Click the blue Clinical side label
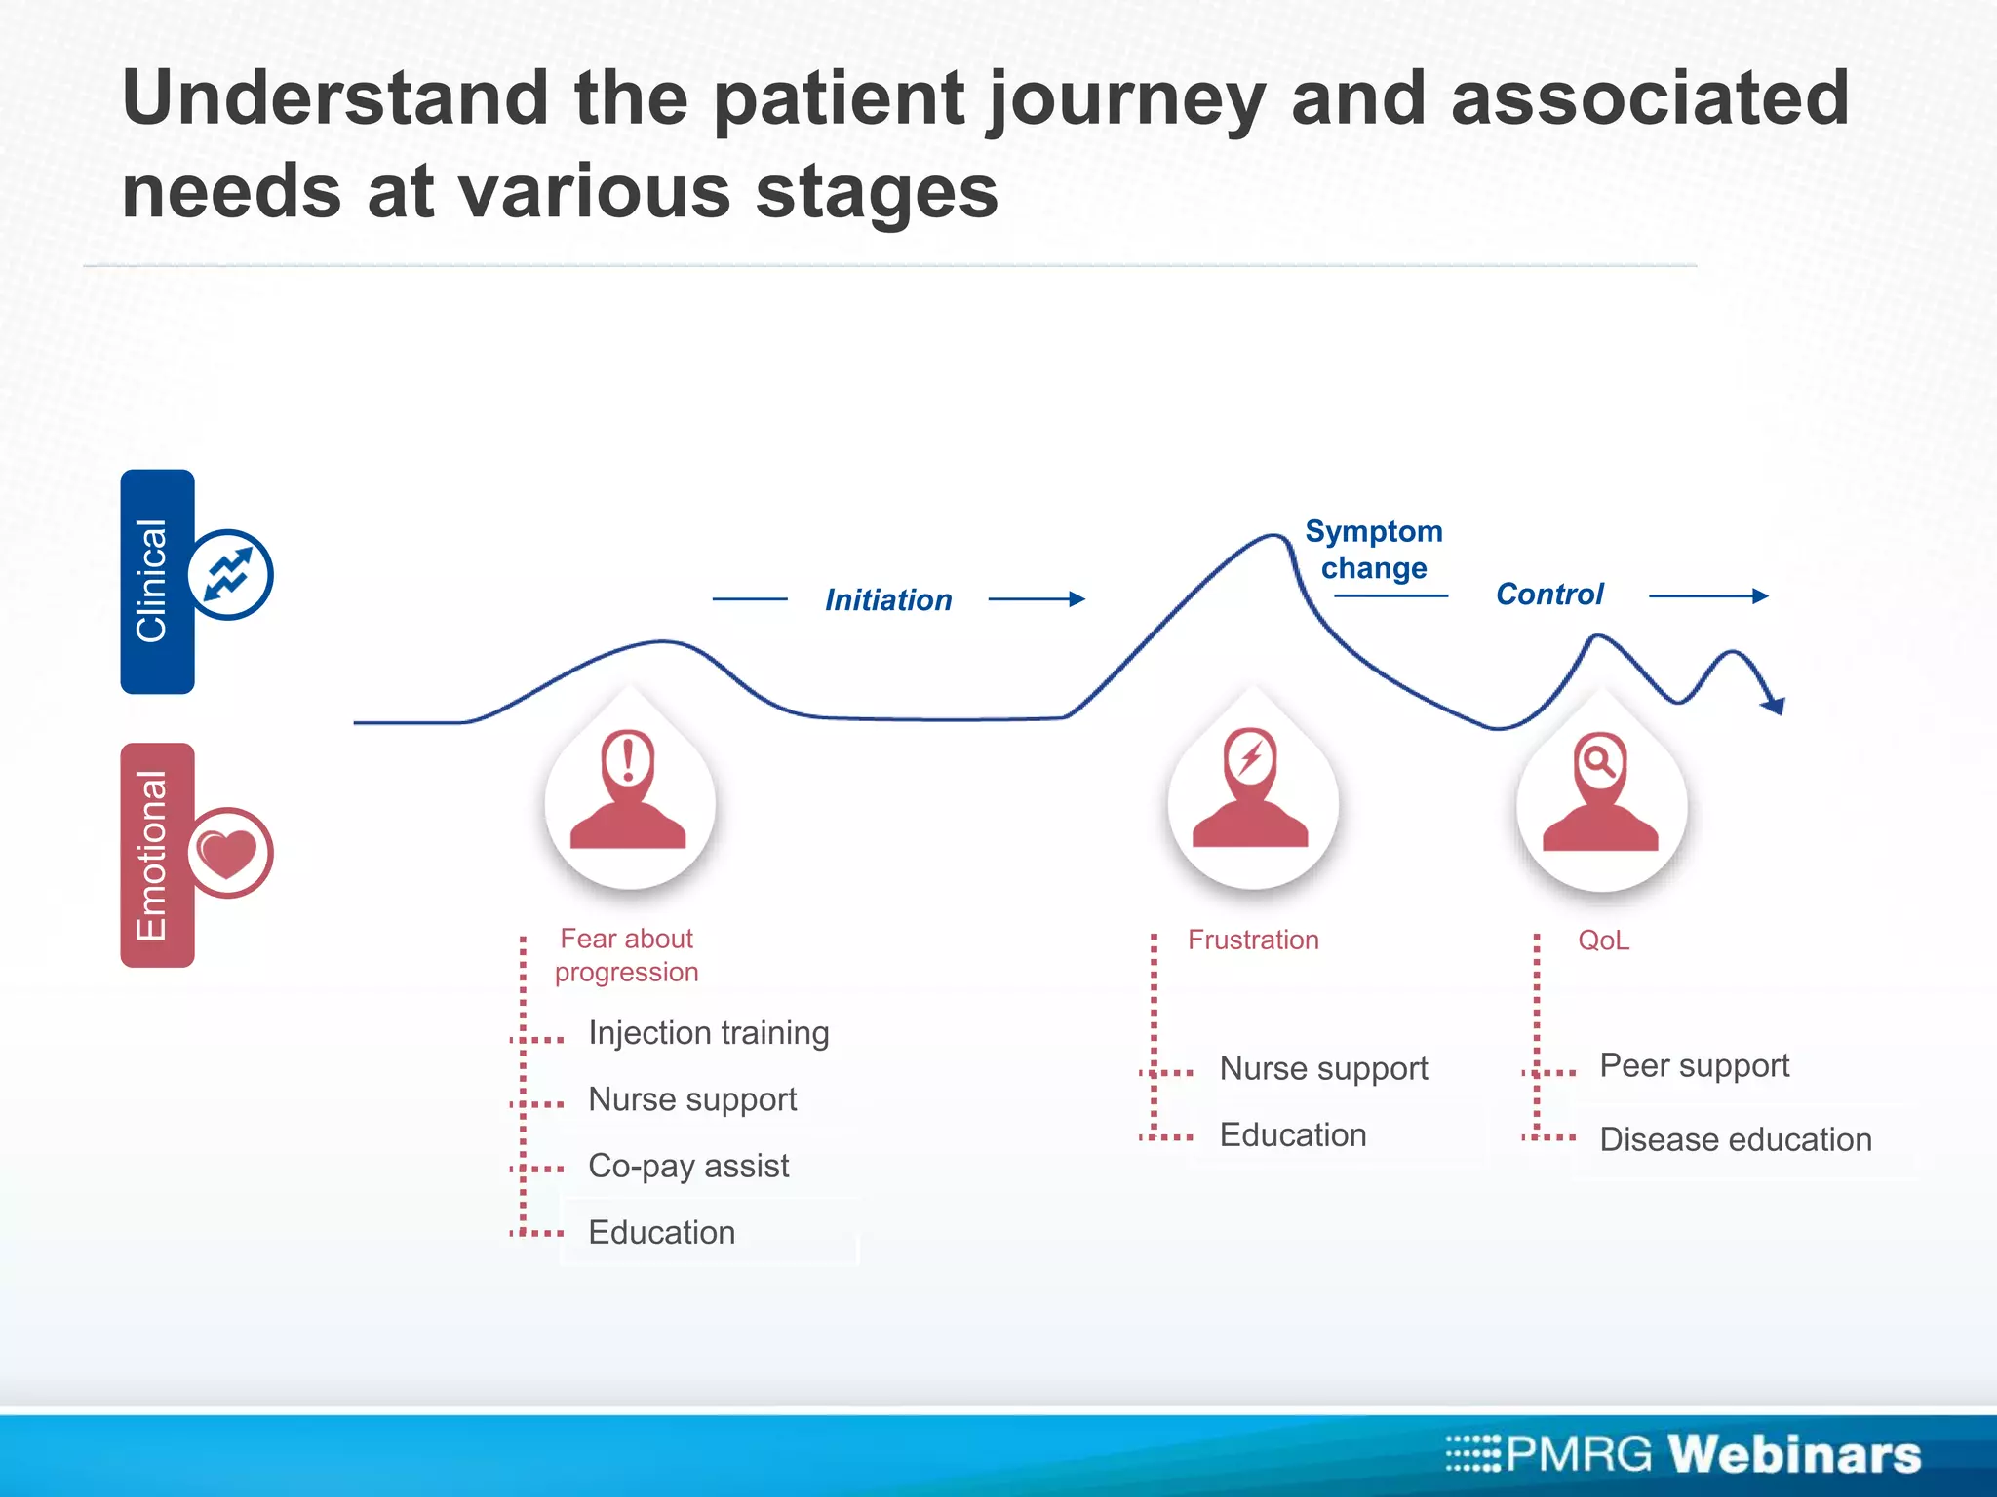[x=157, y=582]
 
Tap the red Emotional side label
[x=157, y=855]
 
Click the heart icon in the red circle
[x=228, y=853]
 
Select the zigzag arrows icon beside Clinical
[x=228, y=574]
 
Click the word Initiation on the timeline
[x=887, y=599]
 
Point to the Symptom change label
[x=1373, y=550]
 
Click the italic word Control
[x=1548, y=594]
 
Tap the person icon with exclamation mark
[x=629, y=789]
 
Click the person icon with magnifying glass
[x=1600, y=790]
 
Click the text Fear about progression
[x=626, y=955]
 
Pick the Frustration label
[x=1252, y=940]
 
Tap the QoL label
[x=1603, y=940]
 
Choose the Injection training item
[x=708, y=1033]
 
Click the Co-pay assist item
[x=688, y=1166]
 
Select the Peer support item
[x=1694, y=1066]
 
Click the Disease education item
[x=1735, y=1139]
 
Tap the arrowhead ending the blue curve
[x=1776, y=705]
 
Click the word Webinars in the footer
[x=1793, y=1454]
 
